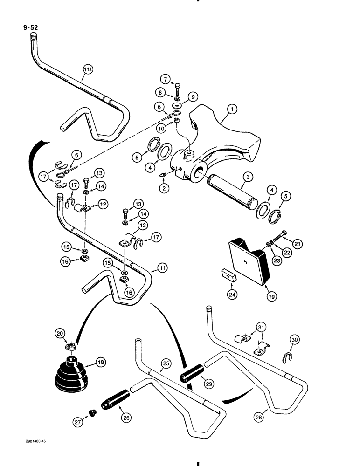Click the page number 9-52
pyautogui.click(x=29, y=27)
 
